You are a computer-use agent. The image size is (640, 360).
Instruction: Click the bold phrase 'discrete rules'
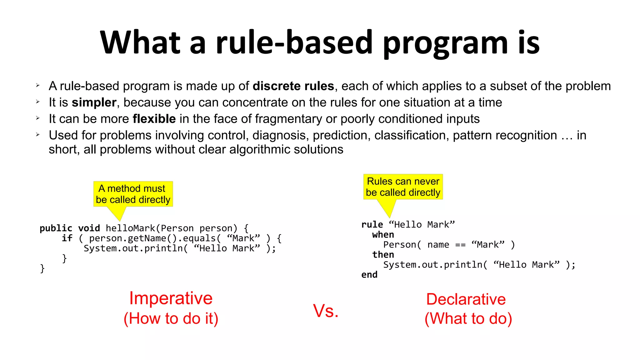pos(293,86)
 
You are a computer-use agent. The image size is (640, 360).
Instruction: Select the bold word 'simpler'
pos(94,102)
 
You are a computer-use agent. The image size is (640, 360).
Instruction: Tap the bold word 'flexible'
pos(154,119)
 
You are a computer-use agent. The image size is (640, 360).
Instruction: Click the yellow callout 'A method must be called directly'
pos(133,194)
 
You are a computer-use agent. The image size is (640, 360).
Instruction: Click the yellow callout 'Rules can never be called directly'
pos(403,187)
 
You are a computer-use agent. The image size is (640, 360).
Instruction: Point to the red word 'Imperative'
pos(171,298)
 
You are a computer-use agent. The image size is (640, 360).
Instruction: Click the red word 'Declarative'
pos(466,299)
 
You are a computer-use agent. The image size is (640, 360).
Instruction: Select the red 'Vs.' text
pos(326,311)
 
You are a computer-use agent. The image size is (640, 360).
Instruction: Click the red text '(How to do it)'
pos(171,318)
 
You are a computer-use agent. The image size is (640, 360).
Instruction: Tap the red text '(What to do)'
pos(468,318)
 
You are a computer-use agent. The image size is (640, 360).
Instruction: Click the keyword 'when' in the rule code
pos(383,235)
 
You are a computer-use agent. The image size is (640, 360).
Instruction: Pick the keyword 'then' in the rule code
pos(383,255)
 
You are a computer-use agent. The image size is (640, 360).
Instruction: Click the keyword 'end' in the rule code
pos(369,275)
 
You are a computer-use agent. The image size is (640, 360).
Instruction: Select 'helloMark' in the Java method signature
pos(130,228)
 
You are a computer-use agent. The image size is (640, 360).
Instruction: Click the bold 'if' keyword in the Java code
pos(67,238)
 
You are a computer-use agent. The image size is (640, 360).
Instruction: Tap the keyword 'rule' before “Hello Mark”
pos(372,225)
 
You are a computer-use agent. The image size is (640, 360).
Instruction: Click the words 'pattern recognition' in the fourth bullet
pos(505,135)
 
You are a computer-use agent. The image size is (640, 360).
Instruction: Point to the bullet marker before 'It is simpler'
pos(37,102)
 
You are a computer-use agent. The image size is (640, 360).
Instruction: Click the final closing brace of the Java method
pos(42,268)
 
